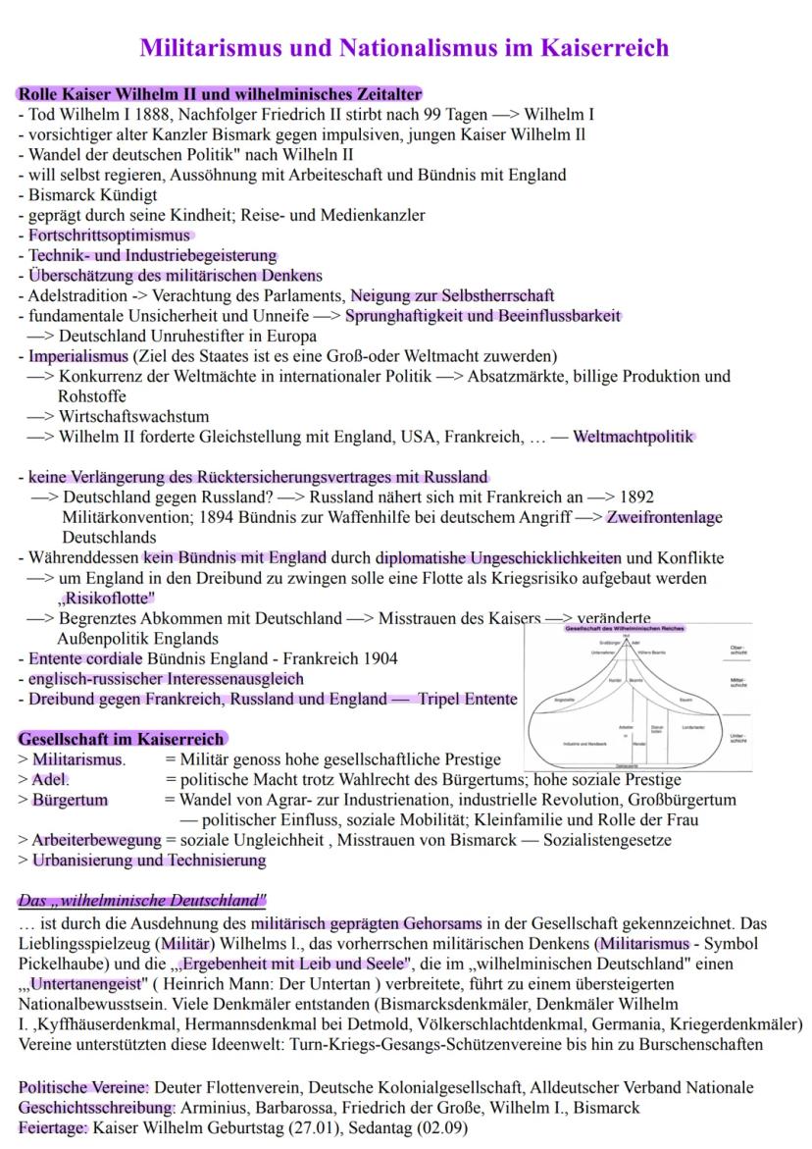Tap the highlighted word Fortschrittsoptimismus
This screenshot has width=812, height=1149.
[x=109, y=235]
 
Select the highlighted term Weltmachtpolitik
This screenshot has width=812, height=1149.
[x=634, y=437]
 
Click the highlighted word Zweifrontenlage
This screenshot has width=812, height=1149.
[x=664, y=517]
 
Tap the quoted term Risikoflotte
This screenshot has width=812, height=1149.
[x=107, y=598]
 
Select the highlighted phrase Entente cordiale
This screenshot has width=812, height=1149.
[x=86, y=658]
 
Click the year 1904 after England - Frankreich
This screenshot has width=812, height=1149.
[x=378, y=658]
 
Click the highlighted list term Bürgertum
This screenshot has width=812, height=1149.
[x=70, y=800]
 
